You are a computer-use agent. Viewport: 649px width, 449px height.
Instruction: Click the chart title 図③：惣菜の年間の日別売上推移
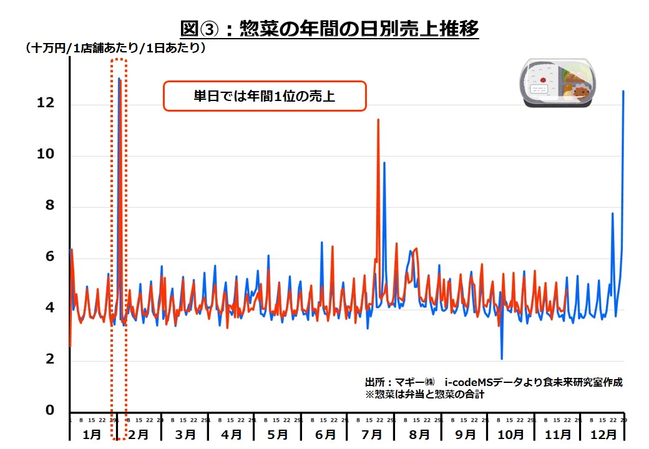click(329, 29)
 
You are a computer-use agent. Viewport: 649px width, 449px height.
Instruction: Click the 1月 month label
click(92, 434)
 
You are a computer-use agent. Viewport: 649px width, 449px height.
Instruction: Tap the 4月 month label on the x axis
click(232, 434)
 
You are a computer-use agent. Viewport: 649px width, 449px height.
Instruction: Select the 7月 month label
click(371, 434)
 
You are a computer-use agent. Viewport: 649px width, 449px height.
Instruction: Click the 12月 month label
click(603, 434)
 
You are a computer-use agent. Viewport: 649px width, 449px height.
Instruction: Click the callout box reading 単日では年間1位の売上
click(265, 97)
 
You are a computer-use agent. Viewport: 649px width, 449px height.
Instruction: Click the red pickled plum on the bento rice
click(543, 80)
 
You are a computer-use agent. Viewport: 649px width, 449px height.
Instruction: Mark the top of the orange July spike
click(378, 119)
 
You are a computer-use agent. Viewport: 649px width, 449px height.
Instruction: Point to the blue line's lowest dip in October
click(502, 359)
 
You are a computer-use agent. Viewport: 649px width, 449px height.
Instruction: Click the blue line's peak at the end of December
click(623, 91)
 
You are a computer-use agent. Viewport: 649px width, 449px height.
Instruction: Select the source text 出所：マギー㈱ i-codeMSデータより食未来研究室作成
click(493, 382)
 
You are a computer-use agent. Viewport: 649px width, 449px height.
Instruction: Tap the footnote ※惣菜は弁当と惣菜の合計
click(424, 394)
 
